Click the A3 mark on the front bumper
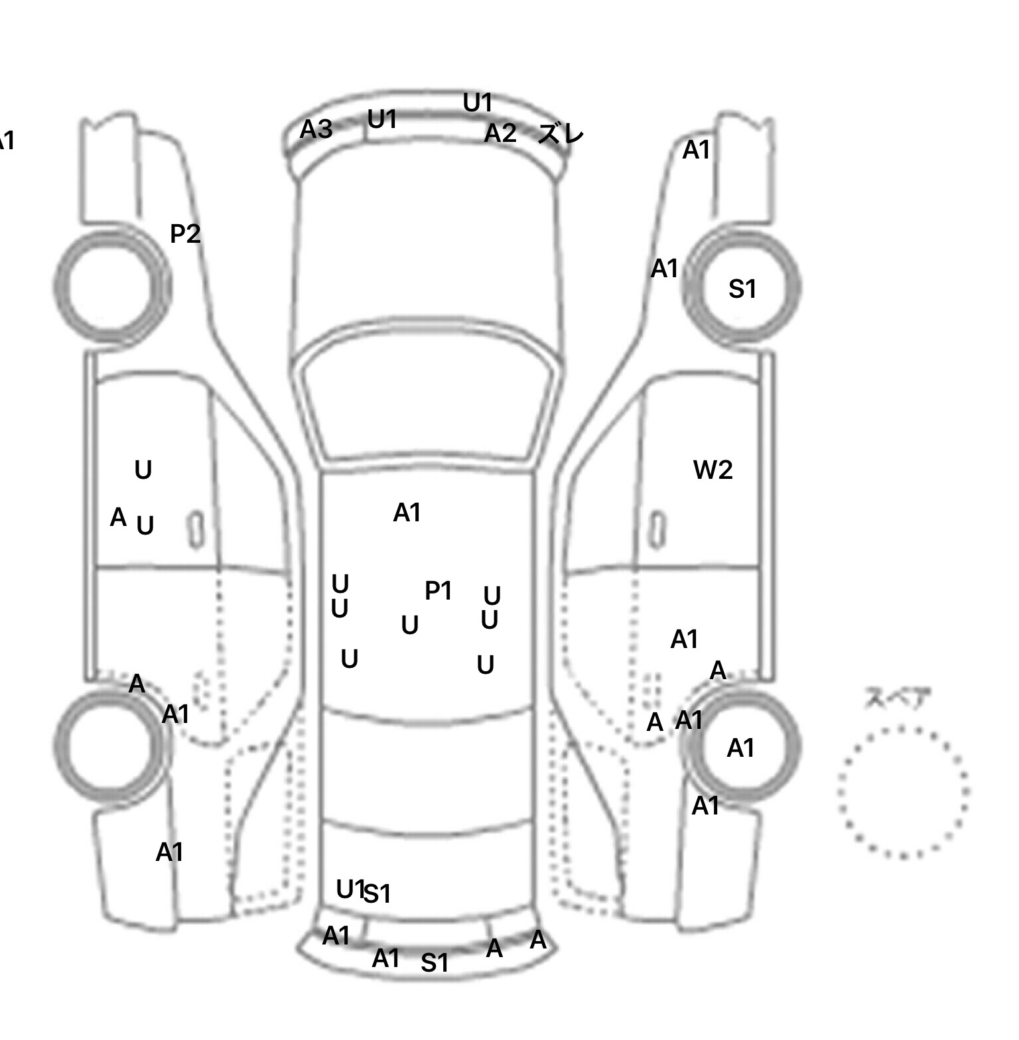tap(316, 129)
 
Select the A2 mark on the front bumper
tap(500, 134)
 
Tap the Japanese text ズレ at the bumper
tap(561, 135)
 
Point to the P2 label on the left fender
tap(185, 233)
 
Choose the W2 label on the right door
tap(713, 470)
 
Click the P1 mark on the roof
tap(438, 590)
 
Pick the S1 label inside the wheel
tap(742, 289)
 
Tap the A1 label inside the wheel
tap(740, 749)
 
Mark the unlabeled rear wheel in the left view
tap(109, 744)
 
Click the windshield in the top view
tap(429, 405)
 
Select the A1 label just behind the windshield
tap(407, 513)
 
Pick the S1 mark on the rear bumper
tap(435, 963)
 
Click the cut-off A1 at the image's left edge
tap(5, 141)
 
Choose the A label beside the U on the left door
tap(118, 517)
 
